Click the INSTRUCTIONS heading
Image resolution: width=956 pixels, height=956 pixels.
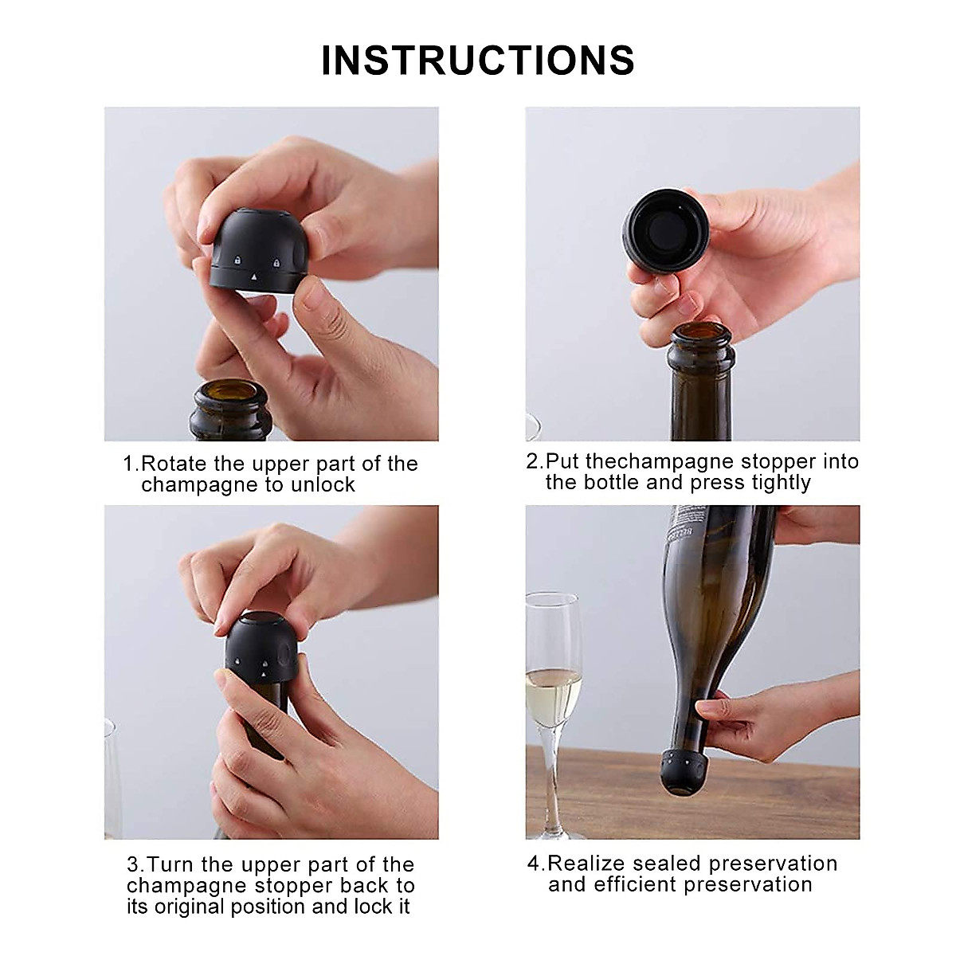tap(478, 61)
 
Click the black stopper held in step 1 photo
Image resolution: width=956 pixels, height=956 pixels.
tap(258, 251)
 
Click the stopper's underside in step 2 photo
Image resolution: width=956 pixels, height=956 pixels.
tap(664, 229)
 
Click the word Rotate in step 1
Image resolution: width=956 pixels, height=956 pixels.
tap(174, 464)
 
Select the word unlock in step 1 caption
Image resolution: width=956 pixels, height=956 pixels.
tap(323, 485)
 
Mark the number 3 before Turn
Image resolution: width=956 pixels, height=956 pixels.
tap(134, 864)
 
